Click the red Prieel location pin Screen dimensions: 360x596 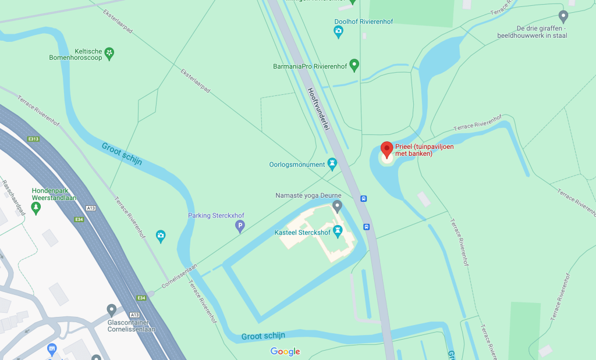pyautogui.click(x=387, y=149)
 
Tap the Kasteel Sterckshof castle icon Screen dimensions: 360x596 pyautogui.click(x=337, y=233)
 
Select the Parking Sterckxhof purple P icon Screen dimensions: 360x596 pyautogui.click(x=239, y=226)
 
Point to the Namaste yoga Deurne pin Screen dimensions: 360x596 pyautogui.click(x=337, y=206)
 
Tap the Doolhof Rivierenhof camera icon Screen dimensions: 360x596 pyautogui.click(x=339, y=33)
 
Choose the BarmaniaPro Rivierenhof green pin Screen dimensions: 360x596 pyautogui.click(x=354, y=65)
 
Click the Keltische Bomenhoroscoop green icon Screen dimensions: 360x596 pyautogui.click(x=109, y=54)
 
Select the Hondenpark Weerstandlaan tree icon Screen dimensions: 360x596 pyautogui.click(x=36, y=207)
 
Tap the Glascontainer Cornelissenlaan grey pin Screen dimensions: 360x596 pyautogui.click(x=112, y=309)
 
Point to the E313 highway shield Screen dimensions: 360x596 pyautogui.click(x=33, y=139)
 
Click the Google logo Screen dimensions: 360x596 pyautogui.click(x=285, y=351)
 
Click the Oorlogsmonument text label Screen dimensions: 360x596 pyautogui.click(x=297, y=165)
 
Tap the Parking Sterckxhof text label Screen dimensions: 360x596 pyautogui.click(x=216, y=216)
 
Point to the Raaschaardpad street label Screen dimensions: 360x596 pyautogui.click(x=14, y=198)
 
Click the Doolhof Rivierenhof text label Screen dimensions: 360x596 pyautogui.click(x=364, y=22)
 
